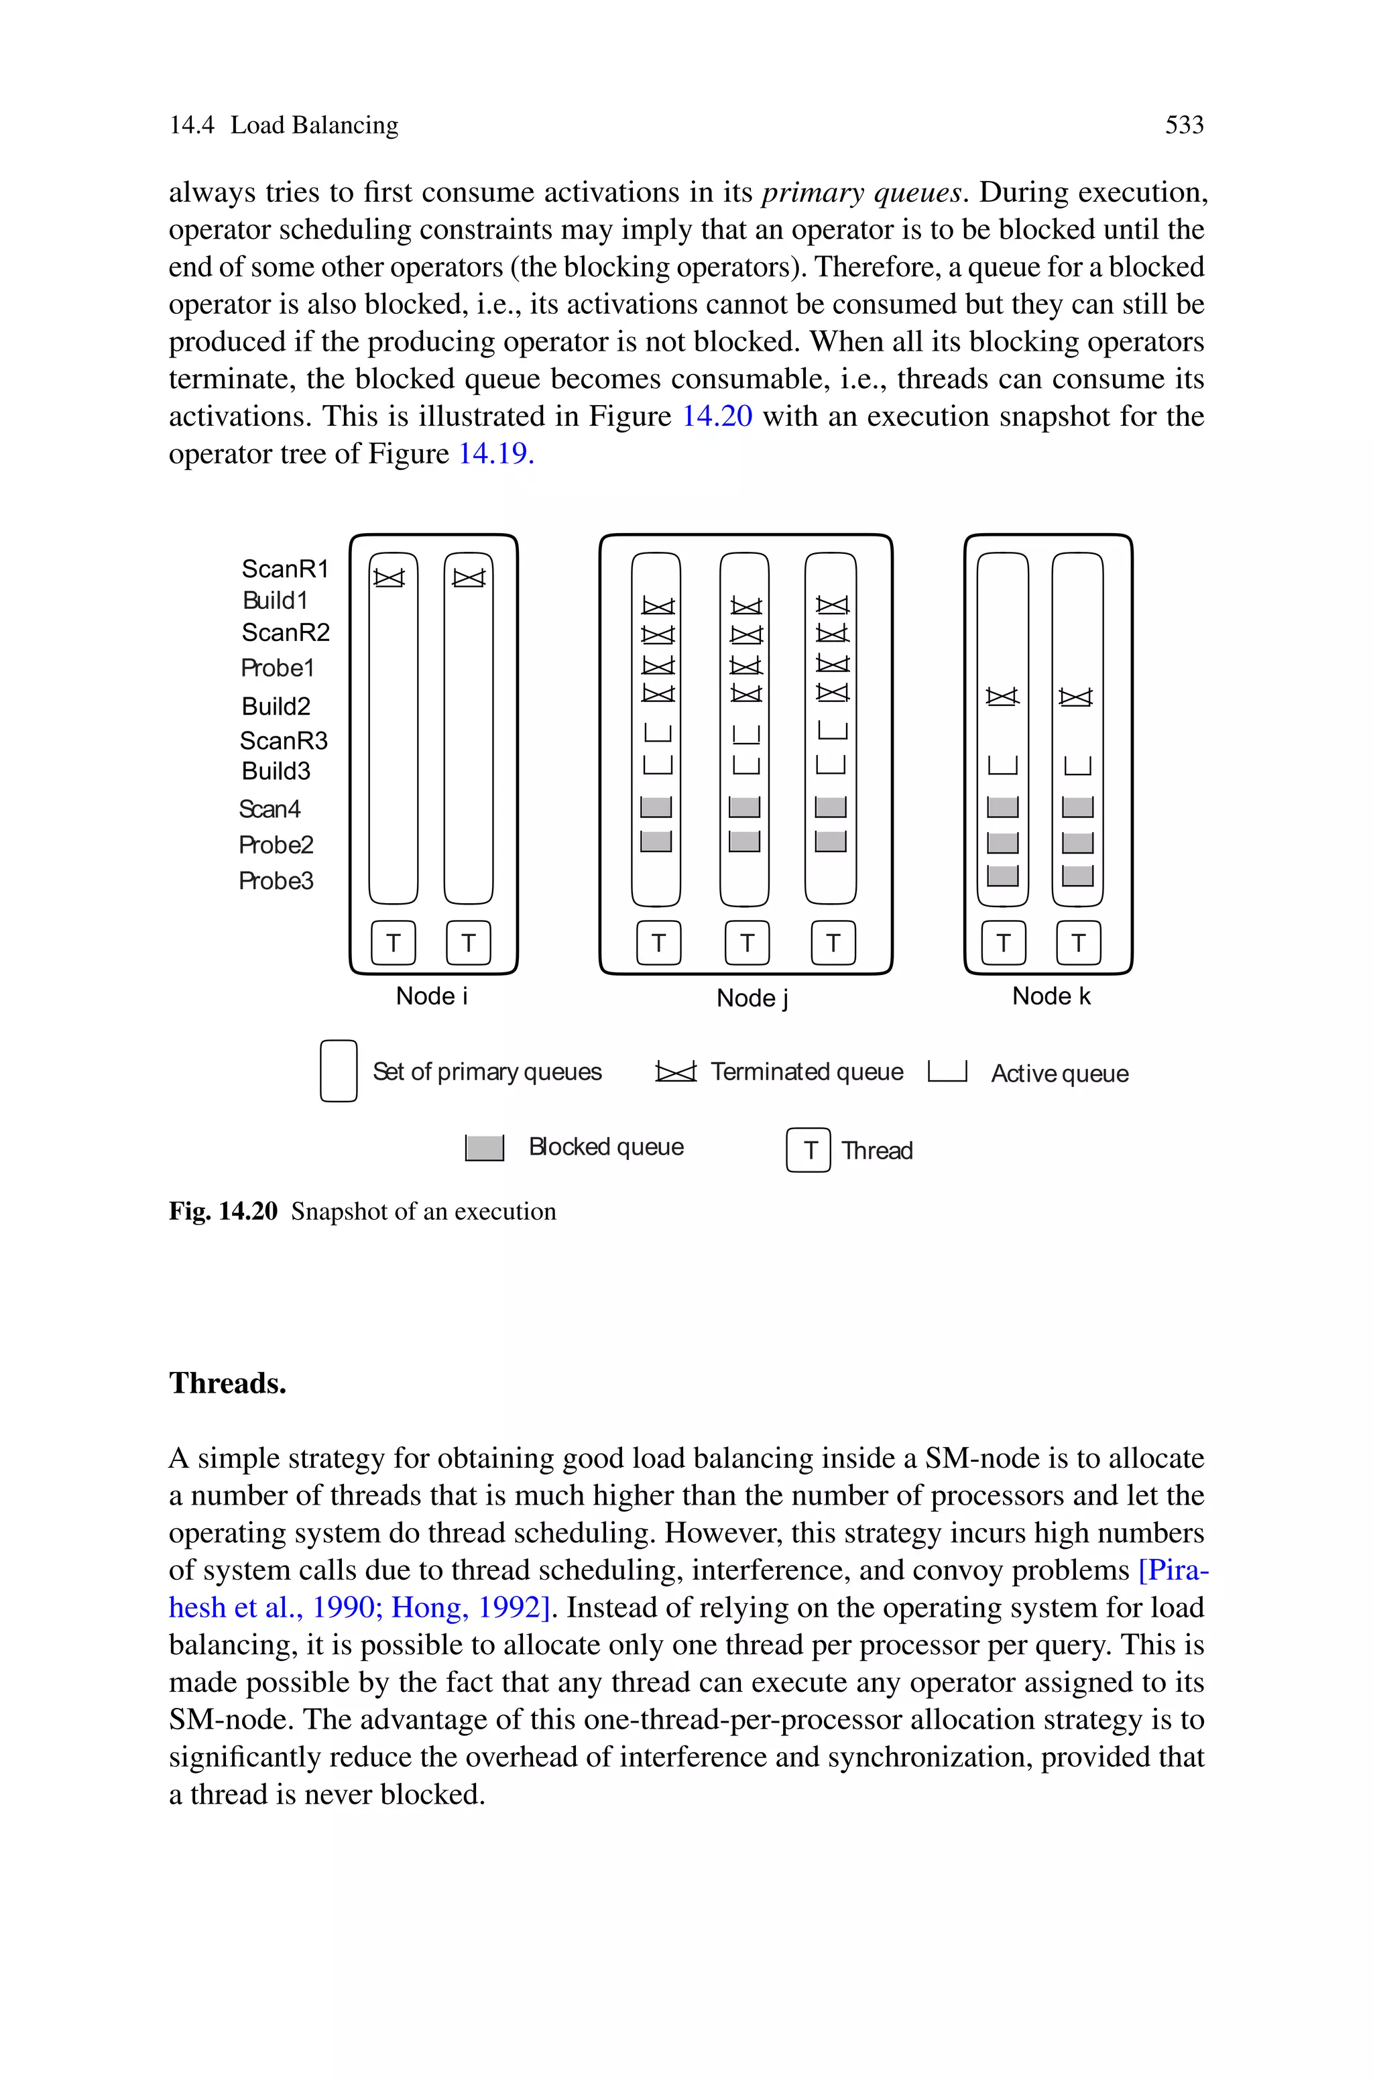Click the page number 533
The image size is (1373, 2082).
point(1184,125)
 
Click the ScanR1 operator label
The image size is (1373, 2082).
point(284,569)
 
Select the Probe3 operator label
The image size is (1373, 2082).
point(276,881)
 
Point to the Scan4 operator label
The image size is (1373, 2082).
point(269,809)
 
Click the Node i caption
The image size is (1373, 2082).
point(432,996)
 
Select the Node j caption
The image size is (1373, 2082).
point(752,998)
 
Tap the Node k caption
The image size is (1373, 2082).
point(1051,996)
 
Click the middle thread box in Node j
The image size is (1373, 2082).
point(747,943)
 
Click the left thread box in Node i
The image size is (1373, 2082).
point(393,943)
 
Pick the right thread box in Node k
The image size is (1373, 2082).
point(1078,943)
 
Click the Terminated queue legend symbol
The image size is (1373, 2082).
point(676,1072)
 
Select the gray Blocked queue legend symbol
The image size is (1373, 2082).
point(484,1148)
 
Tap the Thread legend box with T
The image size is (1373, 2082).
point(809,1149)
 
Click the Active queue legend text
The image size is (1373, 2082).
point(1059,1074)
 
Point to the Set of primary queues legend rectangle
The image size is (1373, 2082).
point(338,1071)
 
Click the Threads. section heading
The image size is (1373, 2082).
point(228,1383)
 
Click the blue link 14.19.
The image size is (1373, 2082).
point(495,453)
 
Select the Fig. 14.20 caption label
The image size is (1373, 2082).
point(223,1212)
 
